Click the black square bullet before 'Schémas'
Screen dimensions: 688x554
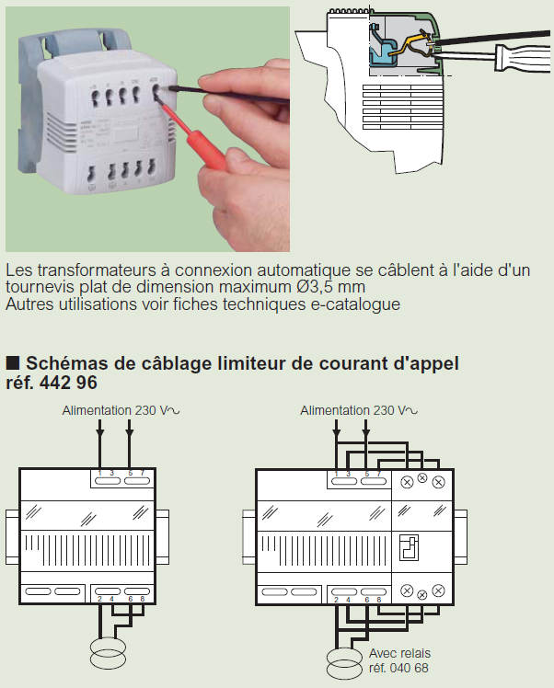click(x=13, y=362)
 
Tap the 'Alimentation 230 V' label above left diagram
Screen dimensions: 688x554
click(x=115, y=410)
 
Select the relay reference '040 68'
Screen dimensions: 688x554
click(x=409, y=669)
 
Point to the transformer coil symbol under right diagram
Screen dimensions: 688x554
click(x=347, y=660)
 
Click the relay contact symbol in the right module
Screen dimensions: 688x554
click(x=410, y=549)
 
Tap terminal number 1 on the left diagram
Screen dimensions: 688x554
click(x=98, y=473)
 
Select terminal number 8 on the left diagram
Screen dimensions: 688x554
click(x=143, y=600)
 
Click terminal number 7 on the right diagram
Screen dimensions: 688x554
click(x=378, y=473)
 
